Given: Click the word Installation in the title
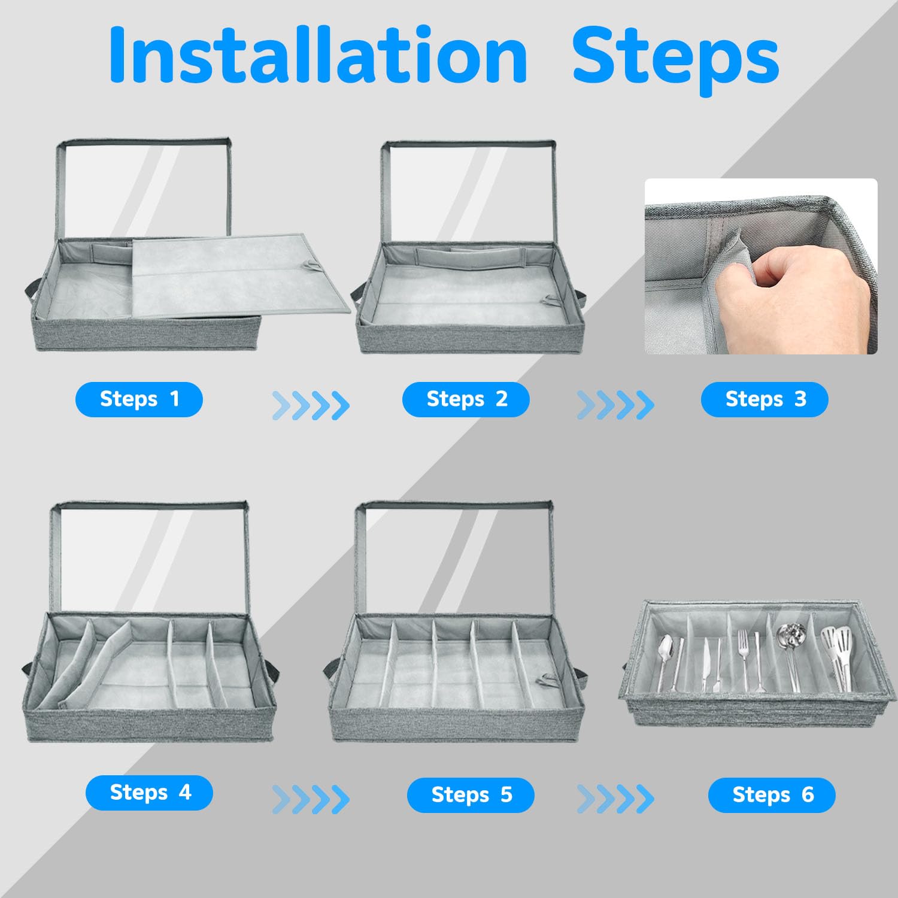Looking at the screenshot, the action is tap(318, 55).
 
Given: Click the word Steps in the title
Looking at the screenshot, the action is tap(676, 60).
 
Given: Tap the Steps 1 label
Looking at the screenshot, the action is tap(139, 399).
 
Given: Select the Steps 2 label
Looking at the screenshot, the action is tap(466, 399).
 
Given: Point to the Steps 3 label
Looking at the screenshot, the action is tap(764, 399).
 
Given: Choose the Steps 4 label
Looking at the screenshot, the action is tap(149, 793).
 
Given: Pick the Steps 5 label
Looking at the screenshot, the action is tap(471, 795).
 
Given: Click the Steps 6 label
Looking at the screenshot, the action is tap(772, 795).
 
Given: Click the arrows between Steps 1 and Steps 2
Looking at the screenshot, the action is tap(311, 405).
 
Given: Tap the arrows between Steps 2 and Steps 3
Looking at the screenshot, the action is tap(615, 405).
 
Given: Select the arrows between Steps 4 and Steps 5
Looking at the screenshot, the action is tap(311, 799).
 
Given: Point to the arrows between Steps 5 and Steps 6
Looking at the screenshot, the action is tap(615, 799).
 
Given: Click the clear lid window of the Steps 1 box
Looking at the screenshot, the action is tap(144, 190).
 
